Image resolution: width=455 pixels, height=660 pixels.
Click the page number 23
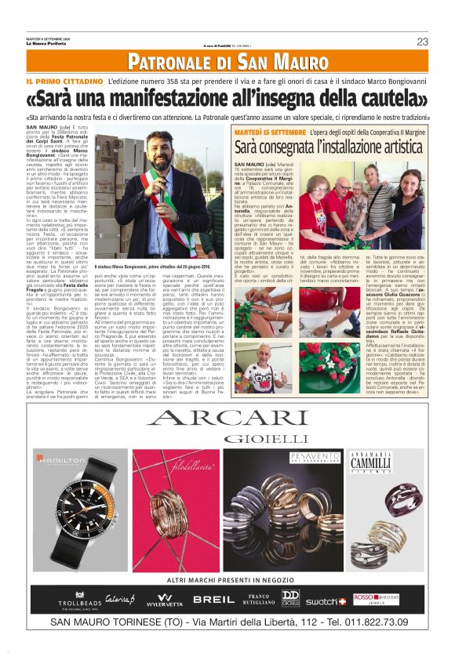coord(422,42)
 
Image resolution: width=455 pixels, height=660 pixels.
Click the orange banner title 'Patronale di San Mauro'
coord(227,62)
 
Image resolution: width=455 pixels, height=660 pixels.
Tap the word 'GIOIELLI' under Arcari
coord(227,437)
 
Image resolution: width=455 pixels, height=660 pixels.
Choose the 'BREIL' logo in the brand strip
coord(213,600)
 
